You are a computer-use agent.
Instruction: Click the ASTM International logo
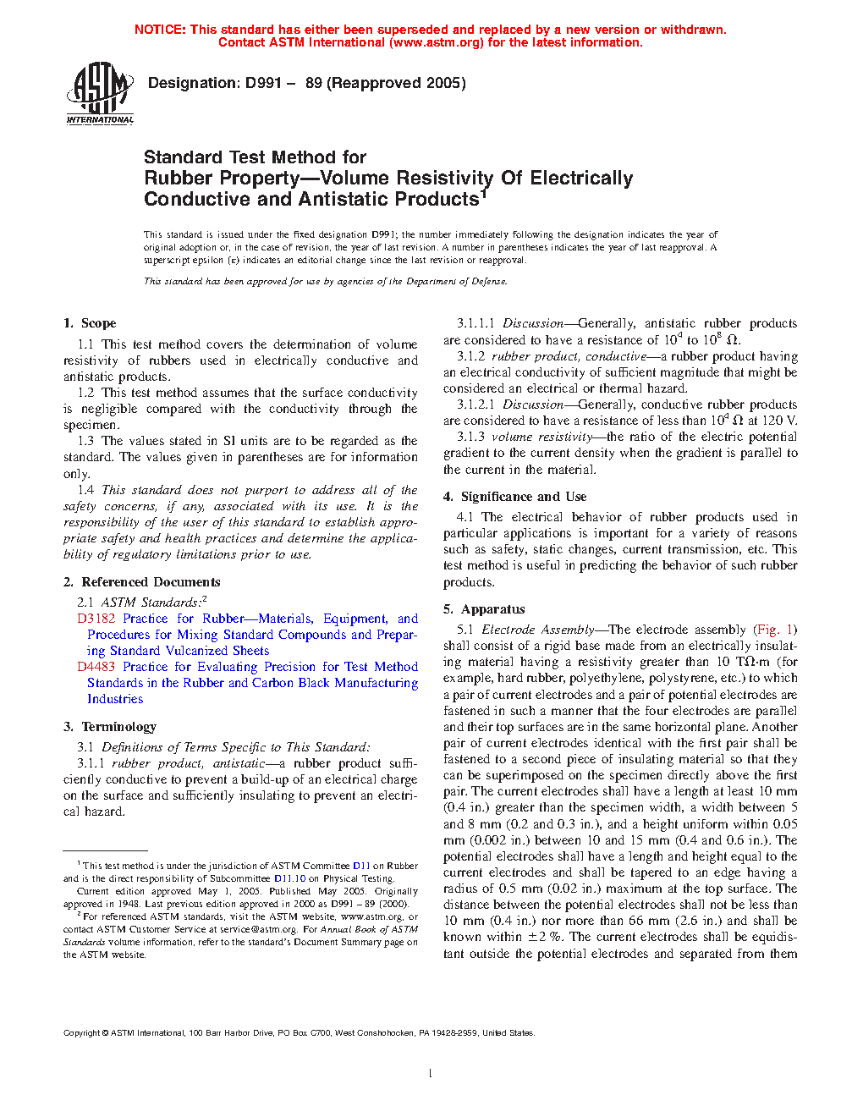coord(100,93)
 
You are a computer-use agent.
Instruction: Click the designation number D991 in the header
coord(263,83)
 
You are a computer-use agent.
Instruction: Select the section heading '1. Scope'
coord(90,323)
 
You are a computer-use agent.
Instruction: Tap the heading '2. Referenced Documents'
coord(141,582)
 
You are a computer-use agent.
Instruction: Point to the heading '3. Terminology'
coord(110,727)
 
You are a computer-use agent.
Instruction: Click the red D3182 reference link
coord(96,619)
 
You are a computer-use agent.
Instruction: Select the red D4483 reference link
coord(96,667)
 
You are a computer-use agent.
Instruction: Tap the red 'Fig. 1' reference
coord(775,630)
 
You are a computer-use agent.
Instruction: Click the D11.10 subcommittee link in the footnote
coord(289,878)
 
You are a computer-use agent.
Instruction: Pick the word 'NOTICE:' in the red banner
coord(160,30)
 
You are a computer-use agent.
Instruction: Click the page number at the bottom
coord(431,1074)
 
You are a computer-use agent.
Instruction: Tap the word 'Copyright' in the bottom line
coord(82,1033)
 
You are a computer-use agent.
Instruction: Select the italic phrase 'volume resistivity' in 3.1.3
coord(541,437)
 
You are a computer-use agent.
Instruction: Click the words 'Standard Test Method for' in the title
coord(255,157)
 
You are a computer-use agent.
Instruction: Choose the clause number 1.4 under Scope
coord(85,490)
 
